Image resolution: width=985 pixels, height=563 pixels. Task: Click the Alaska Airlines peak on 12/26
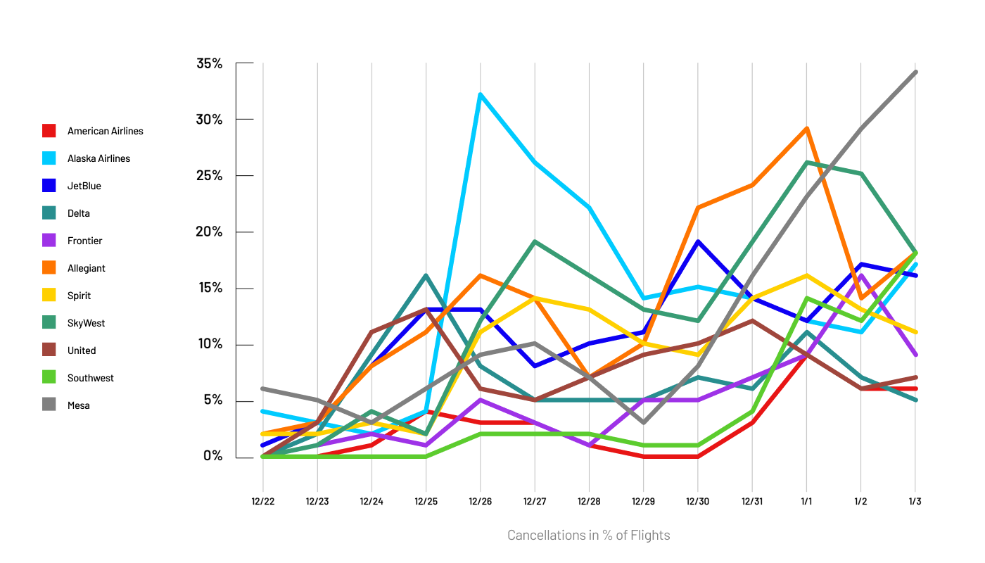(480, 94)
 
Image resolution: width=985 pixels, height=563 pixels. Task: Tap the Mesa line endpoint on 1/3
(915, 72)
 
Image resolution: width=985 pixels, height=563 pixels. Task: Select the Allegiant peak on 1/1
(806, 128)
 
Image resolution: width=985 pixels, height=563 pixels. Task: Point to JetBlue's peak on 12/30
(697, 241)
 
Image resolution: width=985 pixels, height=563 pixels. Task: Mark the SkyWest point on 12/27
(535, 241)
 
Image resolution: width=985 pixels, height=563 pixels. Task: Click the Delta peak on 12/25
(426, 275)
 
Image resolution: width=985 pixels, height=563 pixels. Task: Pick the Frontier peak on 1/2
(860, 275)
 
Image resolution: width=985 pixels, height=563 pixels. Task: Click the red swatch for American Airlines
(49, 131)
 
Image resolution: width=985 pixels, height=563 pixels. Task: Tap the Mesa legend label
(79, 405)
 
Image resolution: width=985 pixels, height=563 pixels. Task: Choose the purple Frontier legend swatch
(49, 241)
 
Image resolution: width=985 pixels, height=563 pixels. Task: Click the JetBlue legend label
(84, 186)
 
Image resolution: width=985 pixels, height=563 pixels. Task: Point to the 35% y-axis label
(209, 63)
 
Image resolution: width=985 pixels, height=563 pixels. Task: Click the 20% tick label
(209, 232)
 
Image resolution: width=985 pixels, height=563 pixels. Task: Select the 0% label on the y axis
(212, 456)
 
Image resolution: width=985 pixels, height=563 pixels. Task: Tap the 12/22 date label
(263, 502)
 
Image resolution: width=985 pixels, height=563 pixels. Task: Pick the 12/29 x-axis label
(643, 502)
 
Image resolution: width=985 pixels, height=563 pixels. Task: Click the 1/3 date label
(915, 502)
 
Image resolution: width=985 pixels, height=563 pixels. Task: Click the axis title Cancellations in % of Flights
(589, 536)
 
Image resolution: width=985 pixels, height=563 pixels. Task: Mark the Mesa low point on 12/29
(643, 422)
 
